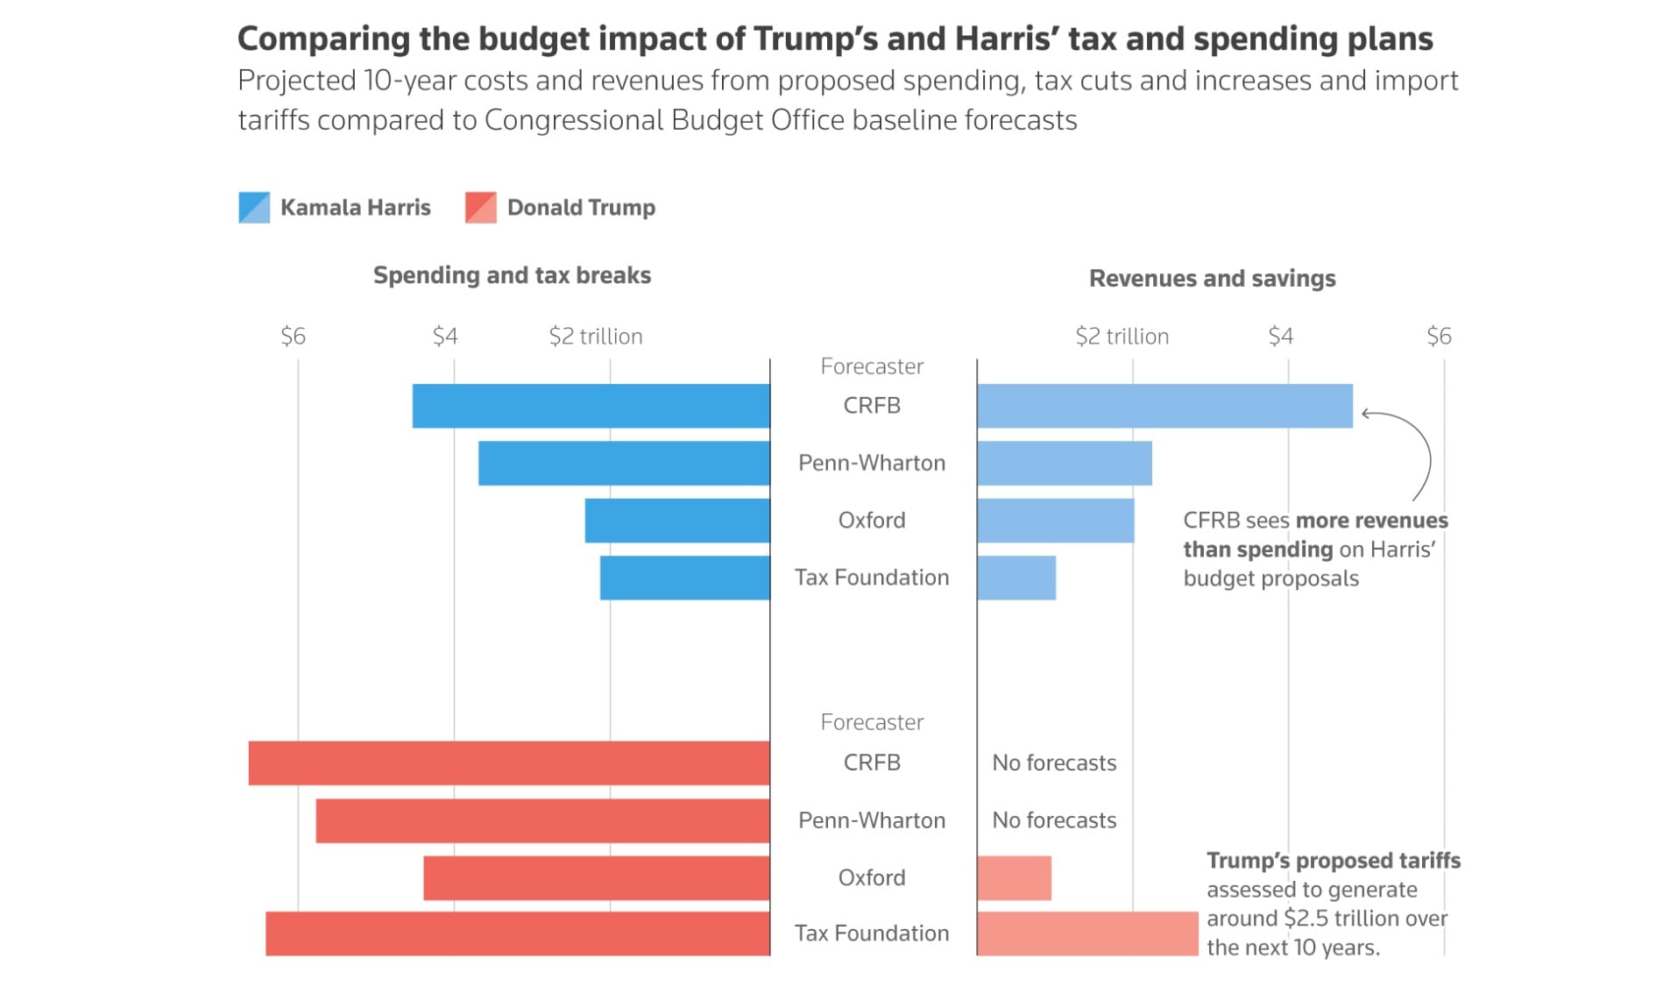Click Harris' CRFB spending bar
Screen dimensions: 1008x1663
click(x=591, y=406)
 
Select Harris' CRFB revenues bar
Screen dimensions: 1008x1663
click(x=1164, y=406)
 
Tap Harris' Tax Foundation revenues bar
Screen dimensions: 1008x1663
click(x=1016, y=578)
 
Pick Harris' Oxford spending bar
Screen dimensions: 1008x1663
click(x=677, y=521)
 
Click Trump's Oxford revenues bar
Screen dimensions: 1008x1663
click(x=1014, y=878)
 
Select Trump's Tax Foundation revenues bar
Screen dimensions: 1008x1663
click(x=1087, y=933)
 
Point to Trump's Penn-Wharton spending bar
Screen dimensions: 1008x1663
click(x=543, y=820)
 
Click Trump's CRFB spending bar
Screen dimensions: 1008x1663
click(x=509, y=763)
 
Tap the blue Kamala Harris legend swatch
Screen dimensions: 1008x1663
click(x=254, y=208)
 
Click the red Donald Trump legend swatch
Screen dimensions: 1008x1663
click(x=481, y=208)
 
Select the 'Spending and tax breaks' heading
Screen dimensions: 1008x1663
click(x=512, y=275)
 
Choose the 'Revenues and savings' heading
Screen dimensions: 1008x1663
click(x=1212, y=279)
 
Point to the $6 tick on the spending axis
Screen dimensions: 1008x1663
click(x=294, y=337)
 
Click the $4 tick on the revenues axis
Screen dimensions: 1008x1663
click(x=1280, y=337)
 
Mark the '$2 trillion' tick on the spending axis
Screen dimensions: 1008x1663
click(x=596, y=337)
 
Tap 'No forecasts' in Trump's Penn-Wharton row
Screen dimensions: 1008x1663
click(x=1054, y=820)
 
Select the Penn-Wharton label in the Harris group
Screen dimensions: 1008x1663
click(x=872, y=463)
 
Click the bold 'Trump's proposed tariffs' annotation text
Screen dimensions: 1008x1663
click(x=1333, y=861)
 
